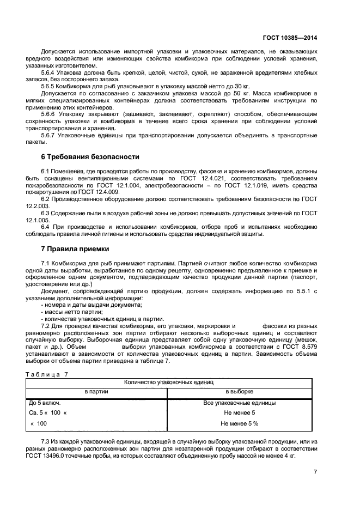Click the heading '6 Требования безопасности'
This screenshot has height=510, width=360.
click(87, 156)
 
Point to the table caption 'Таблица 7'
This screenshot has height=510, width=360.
click(47, 374)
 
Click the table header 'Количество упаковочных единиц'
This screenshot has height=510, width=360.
click(169, 383)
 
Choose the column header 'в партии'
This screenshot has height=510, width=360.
click(96, 392)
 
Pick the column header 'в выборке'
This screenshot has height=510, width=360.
click(240, 392)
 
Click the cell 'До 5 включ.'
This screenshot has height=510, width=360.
click(45, 403)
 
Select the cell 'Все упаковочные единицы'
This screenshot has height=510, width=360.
click(240, 403)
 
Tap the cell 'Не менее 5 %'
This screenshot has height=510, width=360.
click(240, 423)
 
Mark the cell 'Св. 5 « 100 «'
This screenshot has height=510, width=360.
click(48, 413)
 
